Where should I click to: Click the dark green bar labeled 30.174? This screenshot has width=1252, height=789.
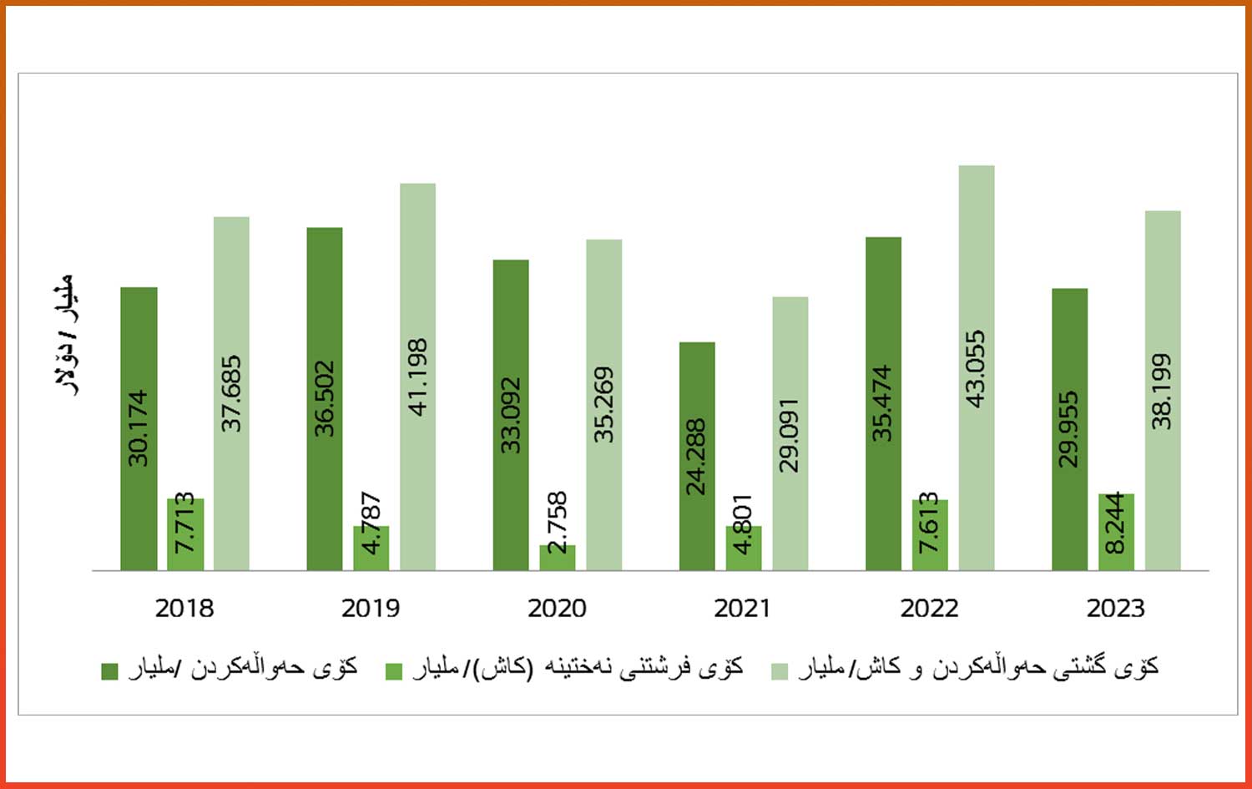click(139, 428)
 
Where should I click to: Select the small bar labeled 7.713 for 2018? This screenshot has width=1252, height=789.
click(185, 534)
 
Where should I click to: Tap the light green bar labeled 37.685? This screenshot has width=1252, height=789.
click(231, 393)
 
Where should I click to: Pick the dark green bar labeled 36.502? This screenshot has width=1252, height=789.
click(325, 398)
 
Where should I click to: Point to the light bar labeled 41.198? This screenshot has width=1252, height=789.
click(417, 377)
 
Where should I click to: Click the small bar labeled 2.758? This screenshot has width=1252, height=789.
click(558, 557)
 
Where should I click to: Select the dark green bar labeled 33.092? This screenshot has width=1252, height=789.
click(511, 415)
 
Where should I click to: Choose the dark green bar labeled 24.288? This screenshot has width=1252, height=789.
click(697, 456)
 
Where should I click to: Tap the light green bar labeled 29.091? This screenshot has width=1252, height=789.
click(790, 433)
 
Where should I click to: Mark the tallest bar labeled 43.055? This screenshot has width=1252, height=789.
click(977, 367)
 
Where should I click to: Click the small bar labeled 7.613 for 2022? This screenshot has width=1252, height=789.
click(930, 535)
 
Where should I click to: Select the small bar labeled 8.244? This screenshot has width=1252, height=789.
click(1116, 532)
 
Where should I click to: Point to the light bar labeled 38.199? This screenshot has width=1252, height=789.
click(1163, 390)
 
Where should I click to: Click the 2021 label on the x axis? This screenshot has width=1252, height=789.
click(743, 609)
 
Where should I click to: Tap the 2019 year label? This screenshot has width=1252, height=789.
click(371, 609)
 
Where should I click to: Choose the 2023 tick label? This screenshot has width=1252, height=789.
click(1115, 609)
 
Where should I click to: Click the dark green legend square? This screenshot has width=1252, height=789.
click(109, 671)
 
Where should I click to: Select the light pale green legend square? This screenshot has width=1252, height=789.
click(780, 671)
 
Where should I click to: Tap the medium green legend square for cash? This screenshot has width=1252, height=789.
click(394, 671)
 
